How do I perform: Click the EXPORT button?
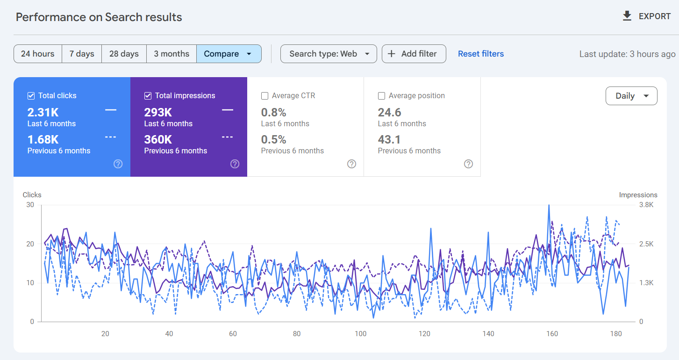click(x=647, y=16)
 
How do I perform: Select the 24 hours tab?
click(x=37, y=54)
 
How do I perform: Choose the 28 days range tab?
click(x=124, y=54)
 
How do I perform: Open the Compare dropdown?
click(x=228, y=54)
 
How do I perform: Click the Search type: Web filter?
click(x=329, y=54)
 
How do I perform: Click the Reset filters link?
click(x=480, y=54)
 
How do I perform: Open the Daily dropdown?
click(x=631, y=96)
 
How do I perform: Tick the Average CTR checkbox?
click(x=264, y=96)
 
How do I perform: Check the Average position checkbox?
click(x=381, y=96)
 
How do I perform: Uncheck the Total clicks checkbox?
click(x=31, y=96)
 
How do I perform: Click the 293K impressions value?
click(x=158, y=113)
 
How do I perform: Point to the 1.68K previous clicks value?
click(x=43, y=139)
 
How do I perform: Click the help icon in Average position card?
click(x=468, y=164)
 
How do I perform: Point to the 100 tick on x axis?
click(x=360, y=334)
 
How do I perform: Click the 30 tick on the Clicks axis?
click(x=30, y=205)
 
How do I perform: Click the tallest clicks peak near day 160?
click(x=549, y=205)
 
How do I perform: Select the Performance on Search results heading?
click(x=99, y=17)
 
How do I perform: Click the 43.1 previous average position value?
click(x=389, y=139)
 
